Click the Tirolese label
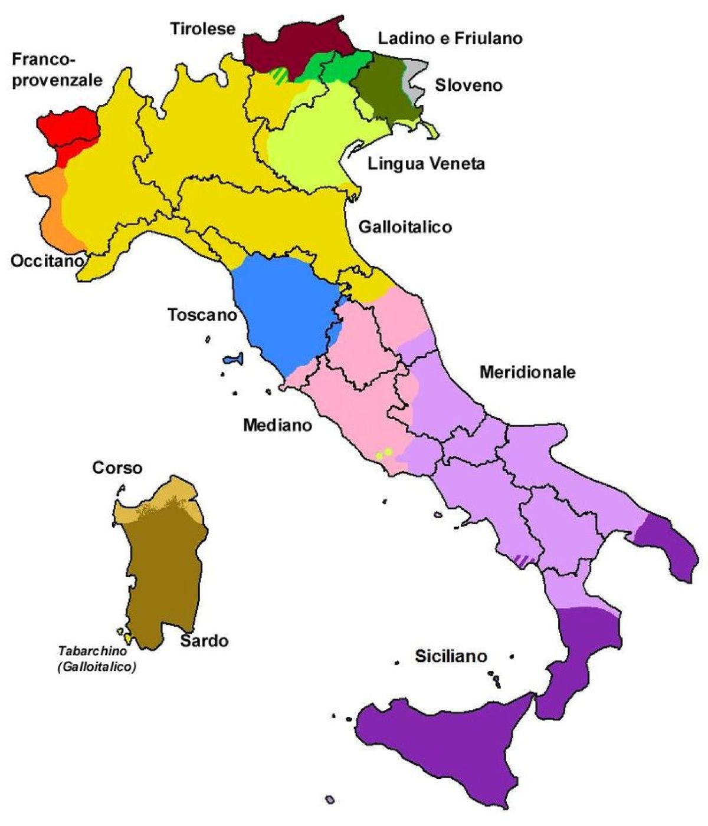[x=203, y=29]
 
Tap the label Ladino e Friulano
[x=450, y=39]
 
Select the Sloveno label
[x=469, y=85]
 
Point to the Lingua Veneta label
[x=426, y=163]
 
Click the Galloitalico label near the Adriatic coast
[x=405, y=226]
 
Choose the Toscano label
[x=202, y=315]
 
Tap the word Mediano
[x=277, y=424]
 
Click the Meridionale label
[x=527, y=372]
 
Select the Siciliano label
[x=451, y=656]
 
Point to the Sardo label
[x=204, y=640]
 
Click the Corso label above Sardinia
[x=117, y=468]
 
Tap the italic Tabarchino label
[x=97, y=659]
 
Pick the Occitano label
[x=46, y=261]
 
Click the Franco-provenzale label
[x=57, y=70]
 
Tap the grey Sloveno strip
[x=413, y=77]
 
